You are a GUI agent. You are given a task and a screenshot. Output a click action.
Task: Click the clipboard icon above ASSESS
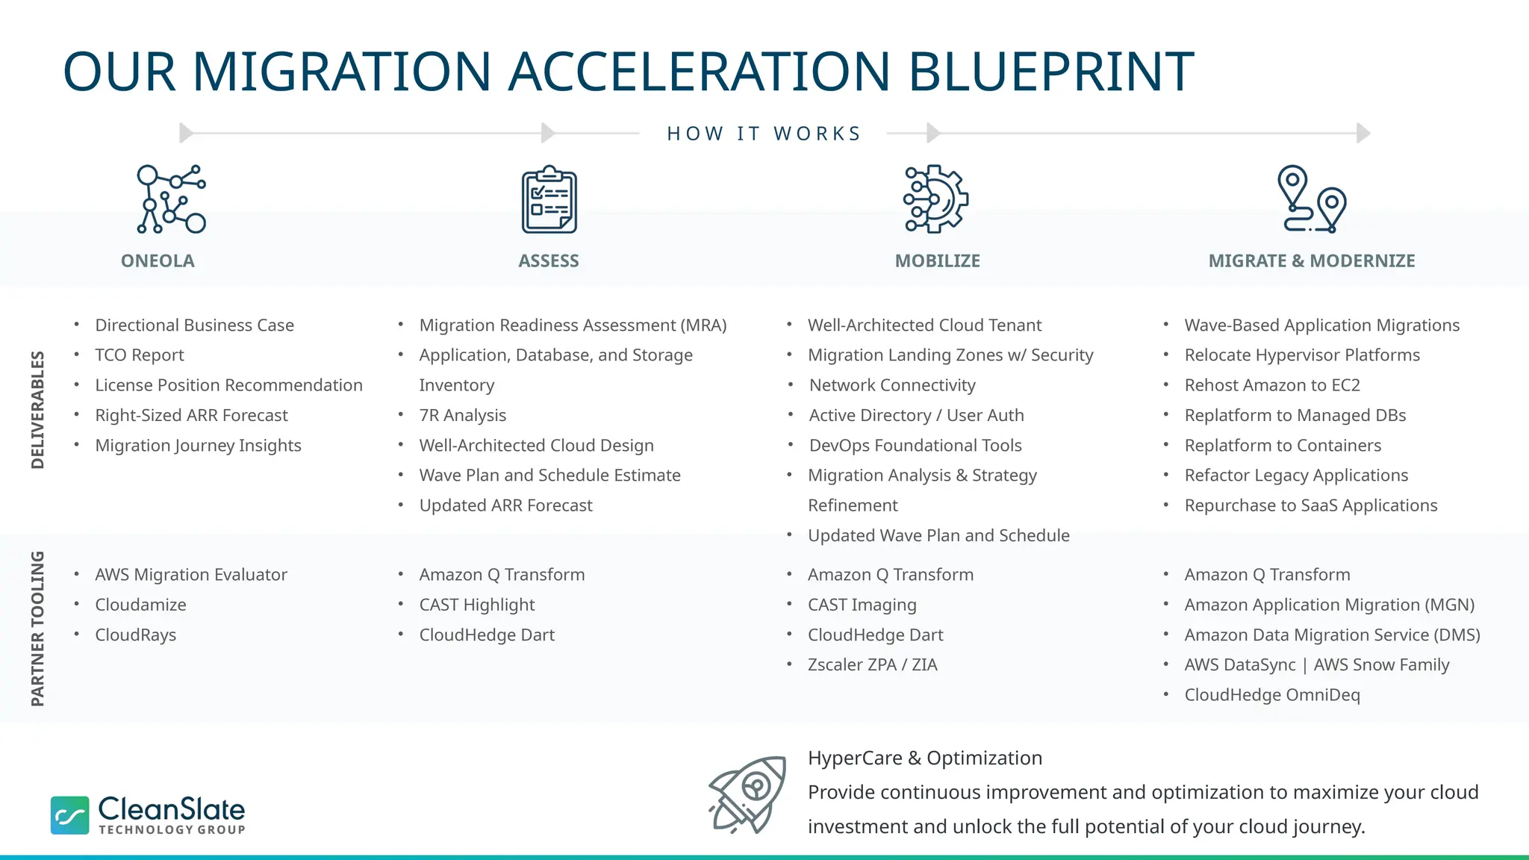549,200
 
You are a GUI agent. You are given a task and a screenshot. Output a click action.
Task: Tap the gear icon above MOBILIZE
936,199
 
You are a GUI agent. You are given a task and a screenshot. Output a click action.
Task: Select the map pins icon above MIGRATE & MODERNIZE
1312,199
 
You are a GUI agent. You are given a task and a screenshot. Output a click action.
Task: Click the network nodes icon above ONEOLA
171,199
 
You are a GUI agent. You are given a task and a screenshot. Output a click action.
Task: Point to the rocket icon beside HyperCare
747,794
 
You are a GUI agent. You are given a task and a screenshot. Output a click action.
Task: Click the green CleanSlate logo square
70,814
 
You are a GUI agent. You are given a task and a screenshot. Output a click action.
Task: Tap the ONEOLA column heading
158,261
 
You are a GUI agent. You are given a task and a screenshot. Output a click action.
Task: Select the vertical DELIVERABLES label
37,410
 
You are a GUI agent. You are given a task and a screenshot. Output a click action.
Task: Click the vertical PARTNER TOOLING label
37,629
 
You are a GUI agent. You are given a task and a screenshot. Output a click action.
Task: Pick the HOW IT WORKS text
764,134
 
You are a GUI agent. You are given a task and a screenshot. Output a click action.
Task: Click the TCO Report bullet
139,355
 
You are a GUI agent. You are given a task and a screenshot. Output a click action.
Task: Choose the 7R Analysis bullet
462,415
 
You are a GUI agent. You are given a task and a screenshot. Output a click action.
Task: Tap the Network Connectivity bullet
891,385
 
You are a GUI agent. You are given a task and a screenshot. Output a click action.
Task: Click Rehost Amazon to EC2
1271,385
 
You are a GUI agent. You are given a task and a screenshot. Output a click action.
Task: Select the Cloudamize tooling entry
140,605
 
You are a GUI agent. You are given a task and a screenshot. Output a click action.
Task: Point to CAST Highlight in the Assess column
476,605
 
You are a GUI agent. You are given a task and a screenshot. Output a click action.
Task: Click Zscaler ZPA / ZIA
872,664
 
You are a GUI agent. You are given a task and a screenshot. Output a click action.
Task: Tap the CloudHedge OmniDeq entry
1271,695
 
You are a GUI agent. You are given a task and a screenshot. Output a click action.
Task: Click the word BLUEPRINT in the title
1050,72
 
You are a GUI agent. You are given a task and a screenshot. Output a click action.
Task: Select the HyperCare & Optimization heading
924,758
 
